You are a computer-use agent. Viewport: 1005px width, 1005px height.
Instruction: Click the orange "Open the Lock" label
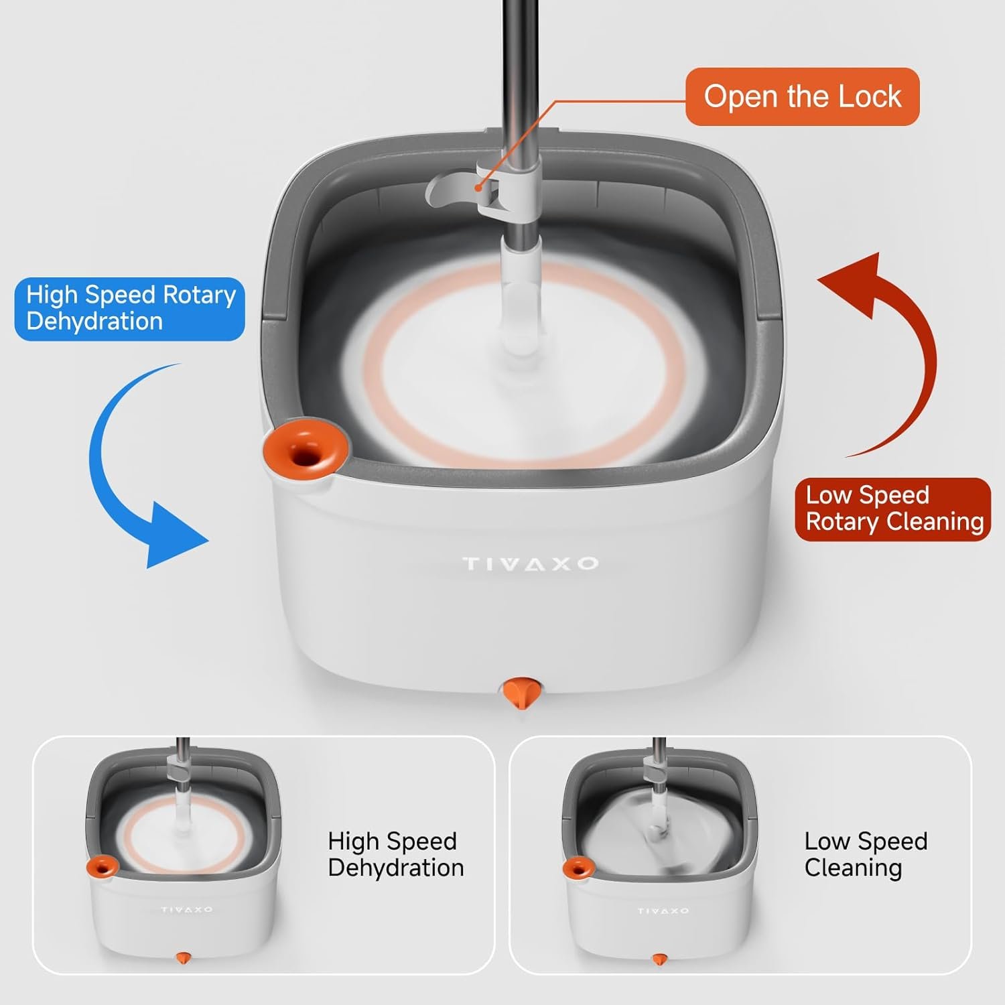click(802, 96)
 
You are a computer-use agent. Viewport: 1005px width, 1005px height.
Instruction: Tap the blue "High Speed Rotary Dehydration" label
click(130, 309)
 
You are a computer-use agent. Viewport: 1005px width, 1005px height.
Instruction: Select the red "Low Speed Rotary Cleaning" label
click(892, 509)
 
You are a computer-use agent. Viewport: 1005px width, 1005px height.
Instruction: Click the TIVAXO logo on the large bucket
click(530, 564)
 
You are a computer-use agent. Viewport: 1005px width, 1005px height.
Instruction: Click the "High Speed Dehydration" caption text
click(395, 854)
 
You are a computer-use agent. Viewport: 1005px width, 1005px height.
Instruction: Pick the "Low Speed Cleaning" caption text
click(866, 854)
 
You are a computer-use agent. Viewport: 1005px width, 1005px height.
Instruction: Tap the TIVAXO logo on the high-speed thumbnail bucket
click(186, 910)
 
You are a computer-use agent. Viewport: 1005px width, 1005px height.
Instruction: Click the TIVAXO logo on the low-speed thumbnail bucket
click(663, 911)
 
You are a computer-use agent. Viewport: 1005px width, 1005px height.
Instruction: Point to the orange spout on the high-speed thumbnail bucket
click(103, 866)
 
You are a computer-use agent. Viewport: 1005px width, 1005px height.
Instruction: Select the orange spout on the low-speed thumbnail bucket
click(578, 868)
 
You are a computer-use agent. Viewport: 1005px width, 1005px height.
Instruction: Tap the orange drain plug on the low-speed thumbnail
click(659, 959)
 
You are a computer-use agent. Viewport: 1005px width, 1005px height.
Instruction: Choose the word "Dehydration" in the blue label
click(94, 322)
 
